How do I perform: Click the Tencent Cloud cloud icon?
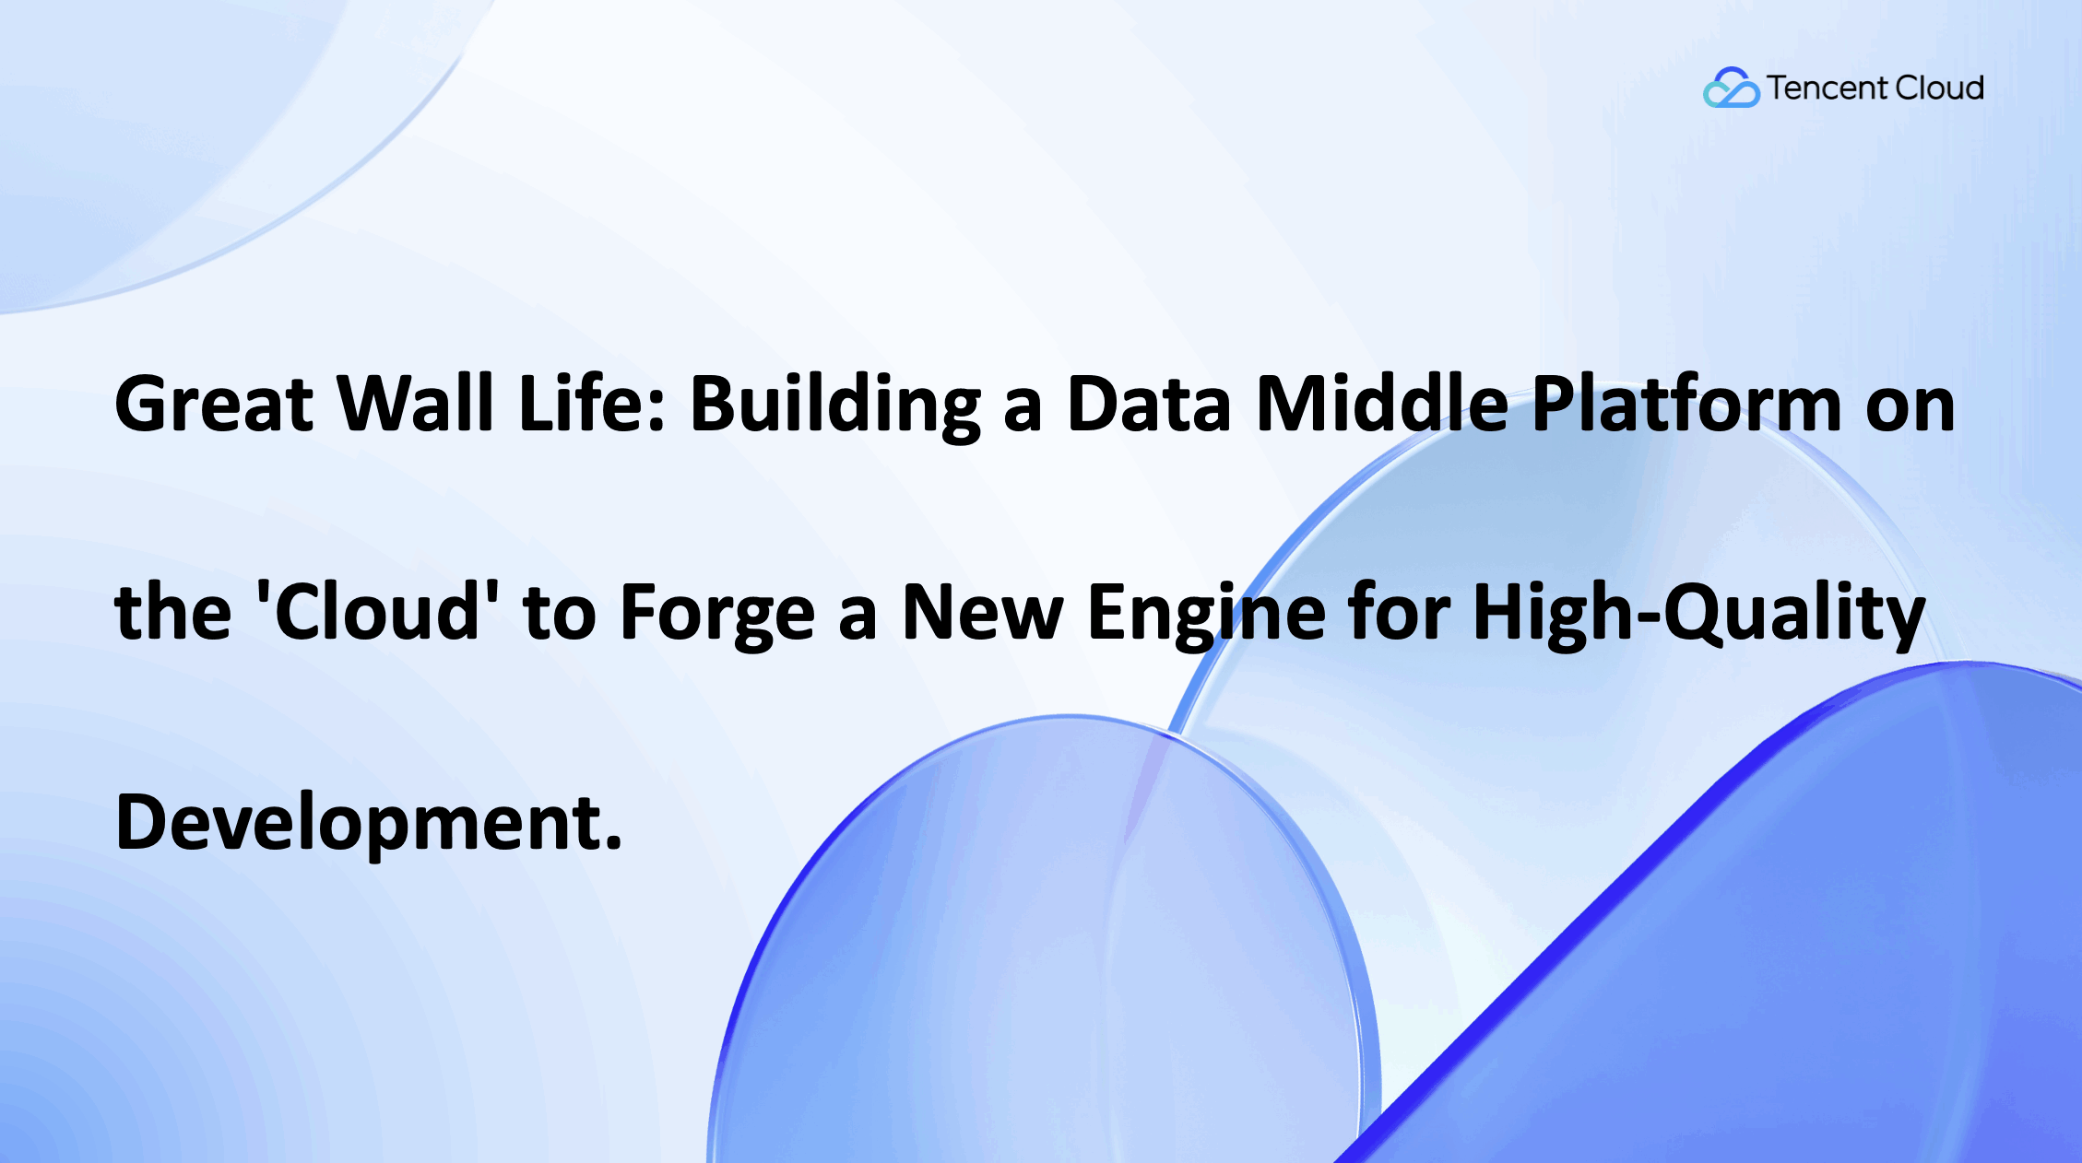click(x=1730, y=88)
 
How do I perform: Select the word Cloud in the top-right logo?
click(x=1940, y=88)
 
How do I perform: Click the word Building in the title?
click(x=834, y=405)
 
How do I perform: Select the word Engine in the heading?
click(x=1206, y=614)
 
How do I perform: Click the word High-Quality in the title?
click(x=1698, y=614)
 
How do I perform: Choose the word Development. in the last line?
click(x=369, y=822)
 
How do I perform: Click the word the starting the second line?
click(x=172, y=612)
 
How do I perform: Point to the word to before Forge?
click(x=560, y=614)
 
